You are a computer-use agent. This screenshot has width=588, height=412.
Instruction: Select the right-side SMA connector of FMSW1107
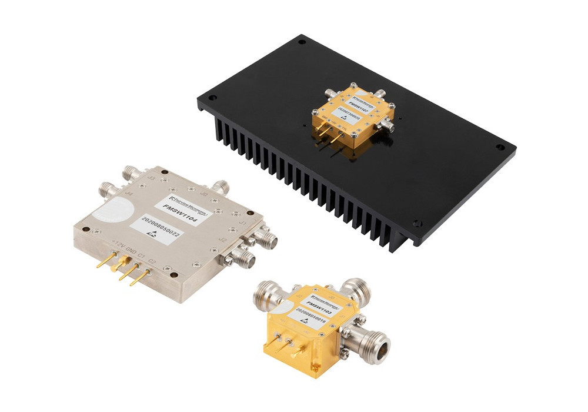[390, 125]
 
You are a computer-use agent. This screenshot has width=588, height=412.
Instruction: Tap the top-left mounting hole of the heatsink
[302, 42]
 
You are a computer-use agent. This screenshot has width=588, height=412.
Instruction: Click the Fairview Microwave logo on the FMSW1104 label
[189, 198]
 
